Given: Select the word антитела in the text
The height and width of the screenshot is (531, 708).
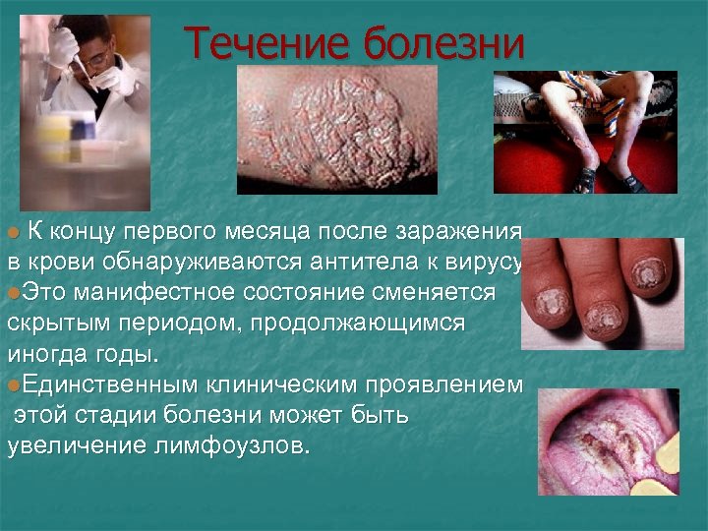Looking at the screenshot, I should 357,263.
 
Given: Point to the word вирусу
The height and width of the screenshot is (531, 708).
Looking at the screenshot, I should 490,263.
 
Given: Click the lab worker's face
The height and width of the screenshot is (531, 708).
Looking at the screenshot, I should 96,54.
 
